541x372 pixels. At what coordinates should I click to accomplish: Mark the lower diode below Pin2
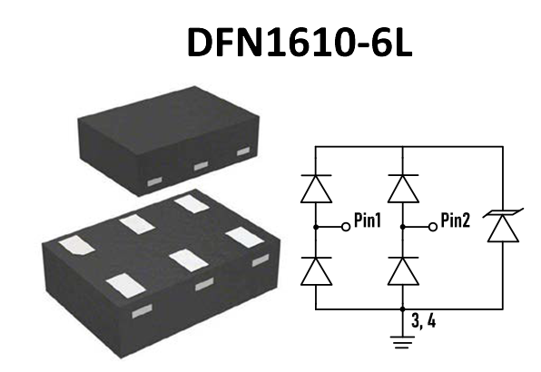[401, 270]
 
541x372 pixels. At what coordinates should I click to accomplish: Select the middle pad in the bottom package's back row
[136, 223]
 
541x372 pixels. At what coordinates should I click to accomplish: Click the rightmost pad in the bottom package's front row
[243, 238]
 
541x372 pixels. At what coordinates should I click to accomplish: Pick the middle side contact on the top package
[201, 165]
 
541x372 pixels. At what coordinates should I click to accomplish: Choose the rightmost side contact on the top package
[242, 152]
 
